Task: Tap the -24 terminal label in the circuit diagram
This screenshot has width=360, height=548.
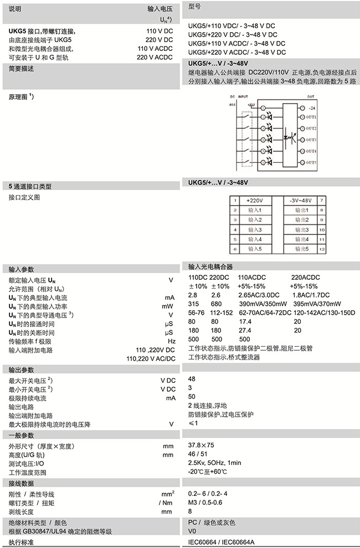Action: [x=312, y=107]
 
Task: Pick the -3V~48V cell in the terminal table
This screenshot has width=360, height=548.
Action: [x=301, y=200]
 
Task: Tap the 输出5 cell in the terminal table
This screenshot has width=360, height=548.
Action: [x=301, y=250]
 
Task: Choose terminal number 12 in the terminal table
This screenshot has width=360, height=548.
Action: [x=321, y=250]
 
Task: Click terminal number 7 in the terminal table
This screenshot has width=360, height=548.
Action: [x=321, y=200]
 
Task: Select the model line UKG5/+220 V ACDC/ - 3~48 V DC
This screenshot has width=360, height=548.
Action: [x=236, y=52]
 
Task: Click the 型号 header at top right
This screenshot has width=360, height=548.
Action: [x=194, y=7]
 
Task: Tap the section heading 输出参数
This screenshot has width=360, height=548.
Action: [x=21, y=370]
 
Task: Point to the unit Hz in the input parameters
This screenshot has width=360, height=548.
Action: [x=171, y=341]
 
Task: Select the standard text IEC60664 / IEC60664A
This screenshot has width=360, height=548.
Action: [x=225, y=542]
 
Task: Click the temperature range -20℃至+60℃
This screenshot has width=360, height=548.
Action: [x=208, y=472]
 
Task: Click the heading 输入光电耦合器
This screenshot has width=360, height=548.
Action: [x=211, y=267]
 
